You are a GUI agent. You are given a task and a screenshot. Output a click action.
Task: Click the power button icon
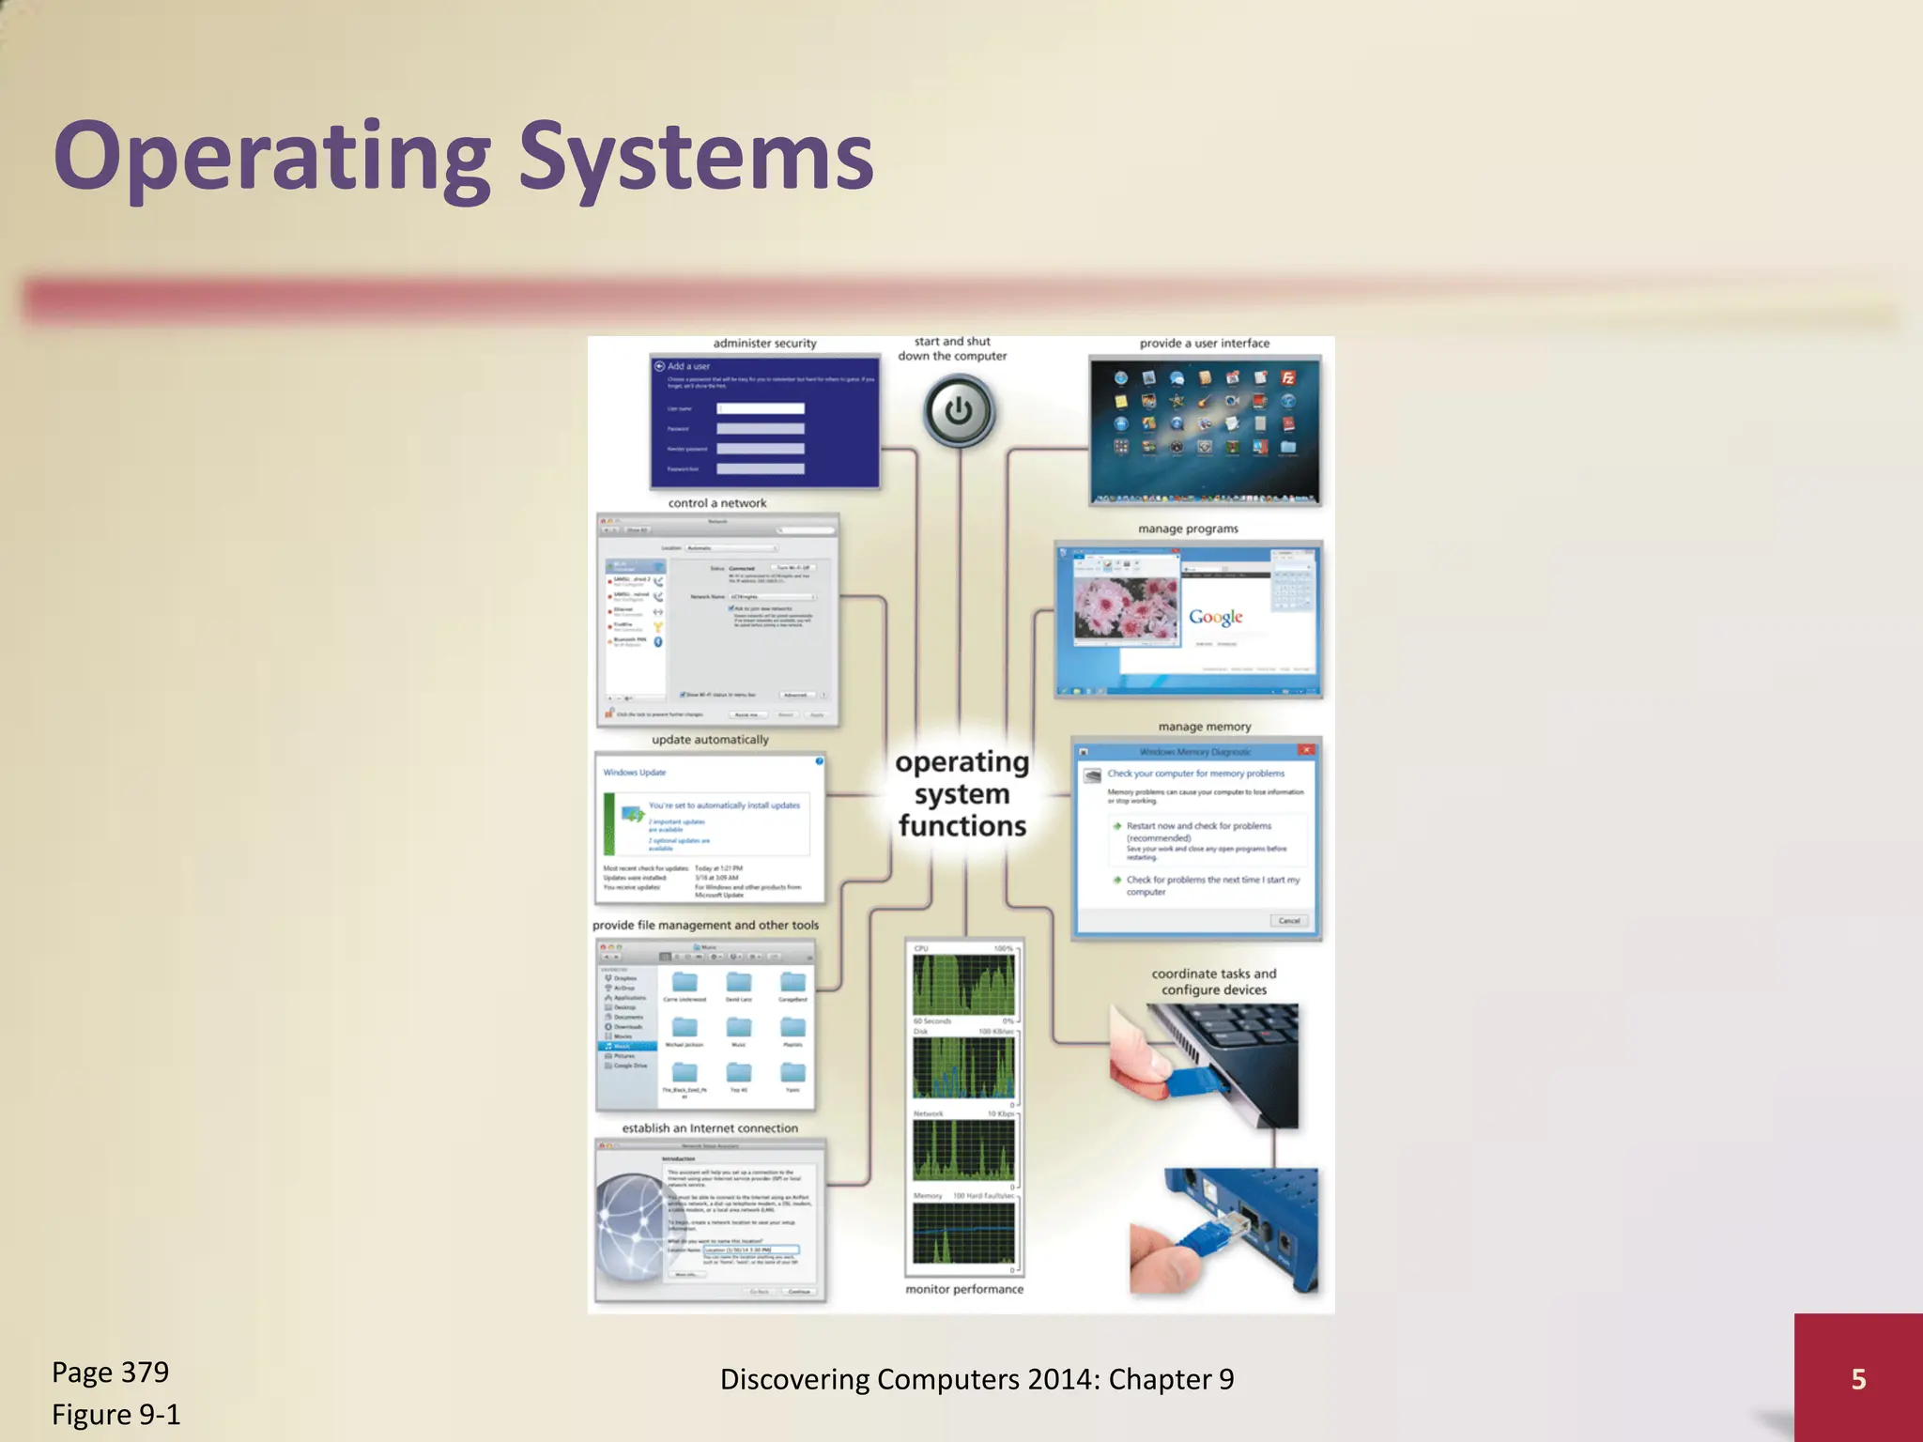[x=958, y=411]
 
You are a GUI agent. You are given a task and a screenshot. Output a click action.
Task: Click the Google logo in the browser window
[x=1215, y=617]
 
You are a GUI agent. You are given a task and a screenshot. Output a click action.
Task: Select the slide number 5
[x=1857, y=1378]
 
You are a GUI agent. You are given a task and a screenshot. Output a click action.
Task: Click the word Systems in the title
[x=695, y=157]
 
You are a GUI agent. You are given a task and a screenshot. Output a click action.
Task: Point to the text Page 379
[x=111, y=1372]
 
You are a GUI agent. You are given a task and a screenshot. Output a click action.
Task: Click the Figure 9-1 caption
[x=116, y=1414]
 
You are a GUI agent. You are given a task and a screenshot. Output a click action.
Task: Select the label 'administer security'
[x=764, y=344]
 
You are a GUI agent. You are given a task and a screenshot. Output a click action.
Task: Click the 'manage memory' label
[x=1204, y=727]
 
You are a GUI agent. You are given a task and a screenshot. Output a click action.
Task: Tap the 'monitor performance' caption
[x=964, y=1289]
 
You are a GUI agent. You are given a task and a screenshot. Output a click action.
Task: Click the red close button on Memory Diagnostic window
[x=1306, y=750]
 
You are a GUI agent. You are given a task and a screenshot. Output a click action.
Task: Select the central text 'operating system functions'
[x=961, y=794]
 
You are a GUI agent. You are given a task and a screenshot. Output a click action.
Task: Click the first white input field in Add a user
[x=760, y=408]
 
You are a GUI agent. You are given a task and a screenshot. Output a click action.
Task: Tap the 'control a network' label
[x=717, y=503]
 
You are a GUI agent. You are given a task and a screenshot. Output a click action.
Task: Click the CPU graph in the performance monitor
[x=963, y=985]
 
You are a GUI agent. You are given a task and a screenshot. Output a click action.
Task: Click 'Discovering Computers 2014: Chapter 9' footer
[x=977, y=1378]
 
